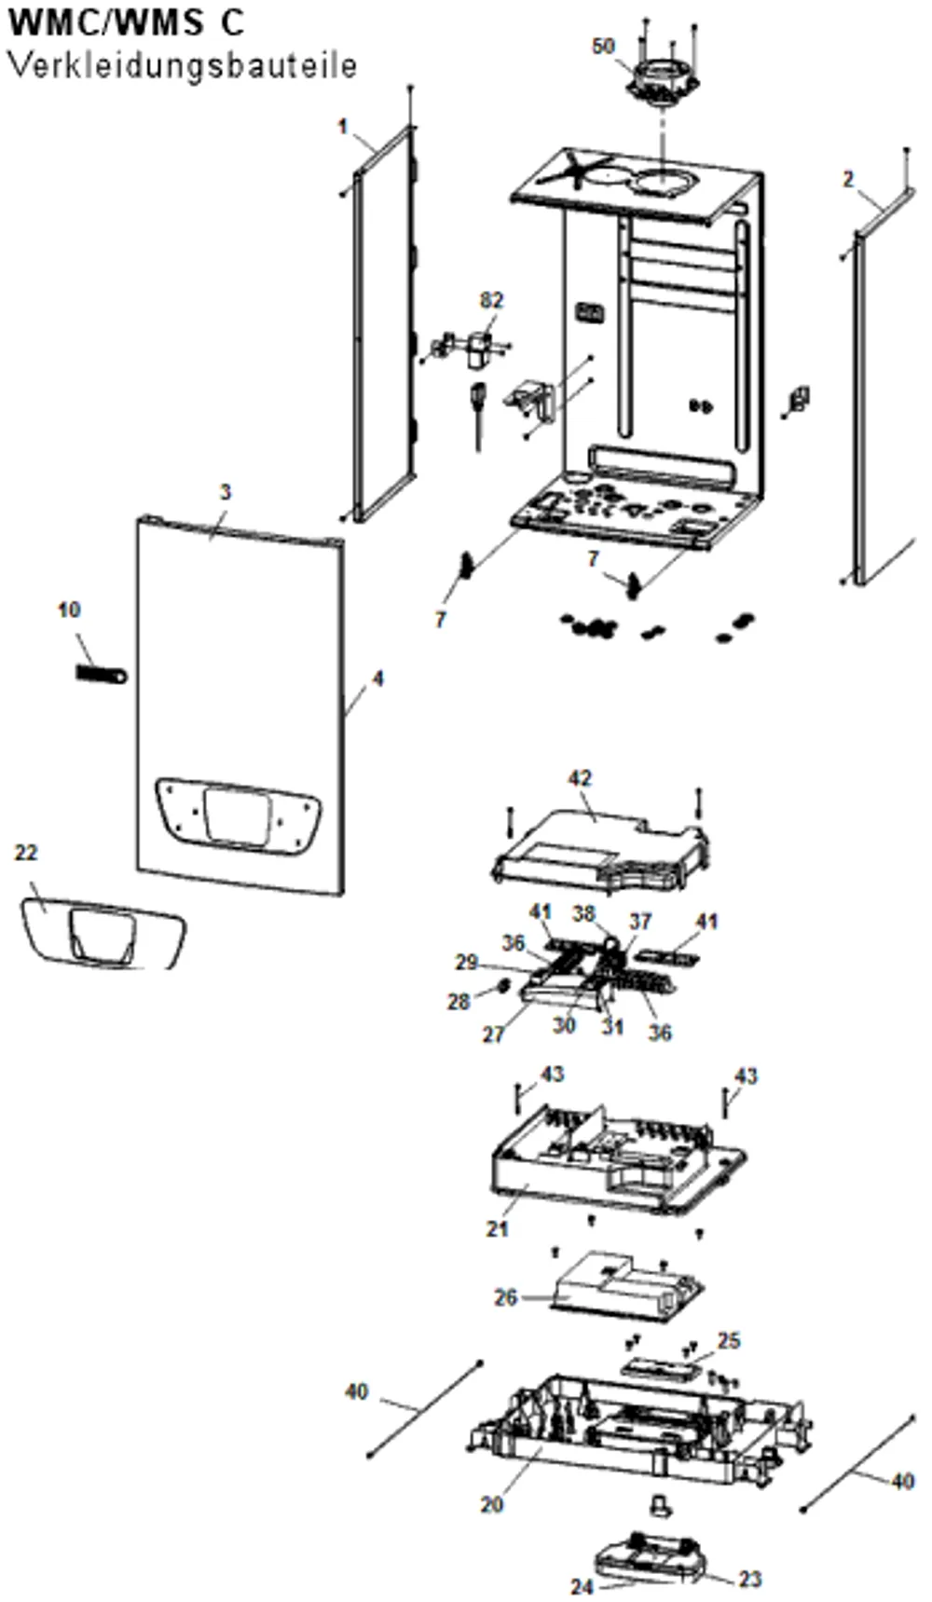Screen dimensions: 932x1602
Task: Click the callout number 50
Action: [604, 46]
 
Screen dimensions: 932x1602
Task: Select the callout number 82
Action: [492, 300]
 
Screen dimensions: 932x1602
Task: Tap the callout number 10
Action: [69, 609]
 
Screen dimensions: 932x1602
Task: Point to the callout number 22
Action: [26, 853]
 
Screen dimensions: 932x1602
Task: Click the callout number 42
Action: [580, 778]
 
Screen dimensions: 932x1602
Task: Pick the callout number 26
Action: [506, 1297]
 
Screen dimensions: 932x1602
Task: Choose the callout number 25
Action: [729, 1340]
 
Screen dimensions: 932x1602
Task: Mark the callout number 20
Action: [492, 1504]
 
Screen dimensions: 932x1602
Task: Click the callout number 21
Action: [498, 1229]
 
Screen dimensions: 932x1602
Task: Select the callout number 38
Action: [584, 913]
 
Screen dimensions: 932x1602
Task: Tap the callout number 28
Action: [459, 1003]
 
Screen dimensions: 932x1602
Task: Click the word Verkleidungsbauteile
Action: [183, 66]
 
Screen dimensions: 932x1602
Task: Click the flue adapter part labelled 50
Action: [667, 78]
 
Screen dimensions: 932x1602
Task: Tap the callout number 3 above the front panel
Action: [225, 491]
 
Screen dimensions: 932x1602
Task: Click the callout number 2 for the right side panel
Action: [848, 179]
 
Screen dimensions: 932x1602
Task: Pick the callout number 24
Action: [582, 1587]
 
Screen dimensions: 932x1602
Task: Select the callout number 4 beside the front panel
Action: [377, 678]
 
